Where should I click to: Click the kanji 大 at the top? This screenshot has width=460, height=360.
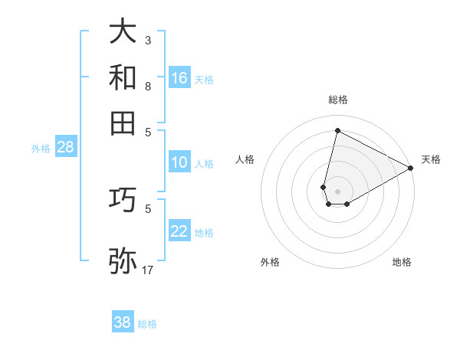(123, 32)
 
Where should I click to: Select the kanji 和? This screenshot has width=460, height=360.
(123, 77)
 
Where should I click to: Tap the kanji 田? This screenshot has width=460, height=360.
(123, 123)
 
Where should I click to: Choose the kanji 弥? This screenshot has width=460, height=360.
(123, 261)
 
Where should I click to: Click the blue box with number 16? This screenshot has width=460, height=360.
(179, 78)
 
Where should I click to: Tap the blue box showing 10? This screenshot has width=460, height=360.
(179, 162)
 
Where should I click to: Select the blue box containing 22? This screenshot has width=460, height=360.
(179, 232)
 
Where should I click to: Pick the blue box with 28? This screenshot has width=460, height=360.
(65, 148)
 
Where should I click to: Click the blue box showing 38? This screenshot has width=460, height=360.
(123, 322)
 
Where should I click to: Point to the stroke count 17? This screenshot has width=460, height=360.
(148, 270)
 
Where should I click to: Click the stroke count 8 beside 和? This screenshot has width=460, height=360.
(148, 86)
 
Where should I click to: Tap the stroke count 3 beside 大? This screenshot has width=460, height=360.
(148, 40)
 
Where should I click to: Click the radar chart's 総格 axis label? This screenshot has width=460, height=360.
(337, 100)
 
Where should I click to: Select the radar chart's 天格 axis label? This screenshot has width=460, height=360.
(430, 159)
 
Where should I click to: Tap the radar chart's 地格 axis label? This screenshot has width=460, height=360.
(402, 262)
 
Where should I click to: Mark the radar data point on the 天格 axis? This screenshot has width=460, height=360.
(411, 168)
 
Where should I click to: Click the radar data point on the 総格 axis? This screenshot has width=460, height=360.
(337, 131)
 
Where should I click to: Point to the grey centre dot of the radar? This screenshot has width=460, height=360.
(337, 191)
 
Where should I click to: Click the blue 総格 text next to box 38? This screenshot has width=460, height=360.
(147, 324)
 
